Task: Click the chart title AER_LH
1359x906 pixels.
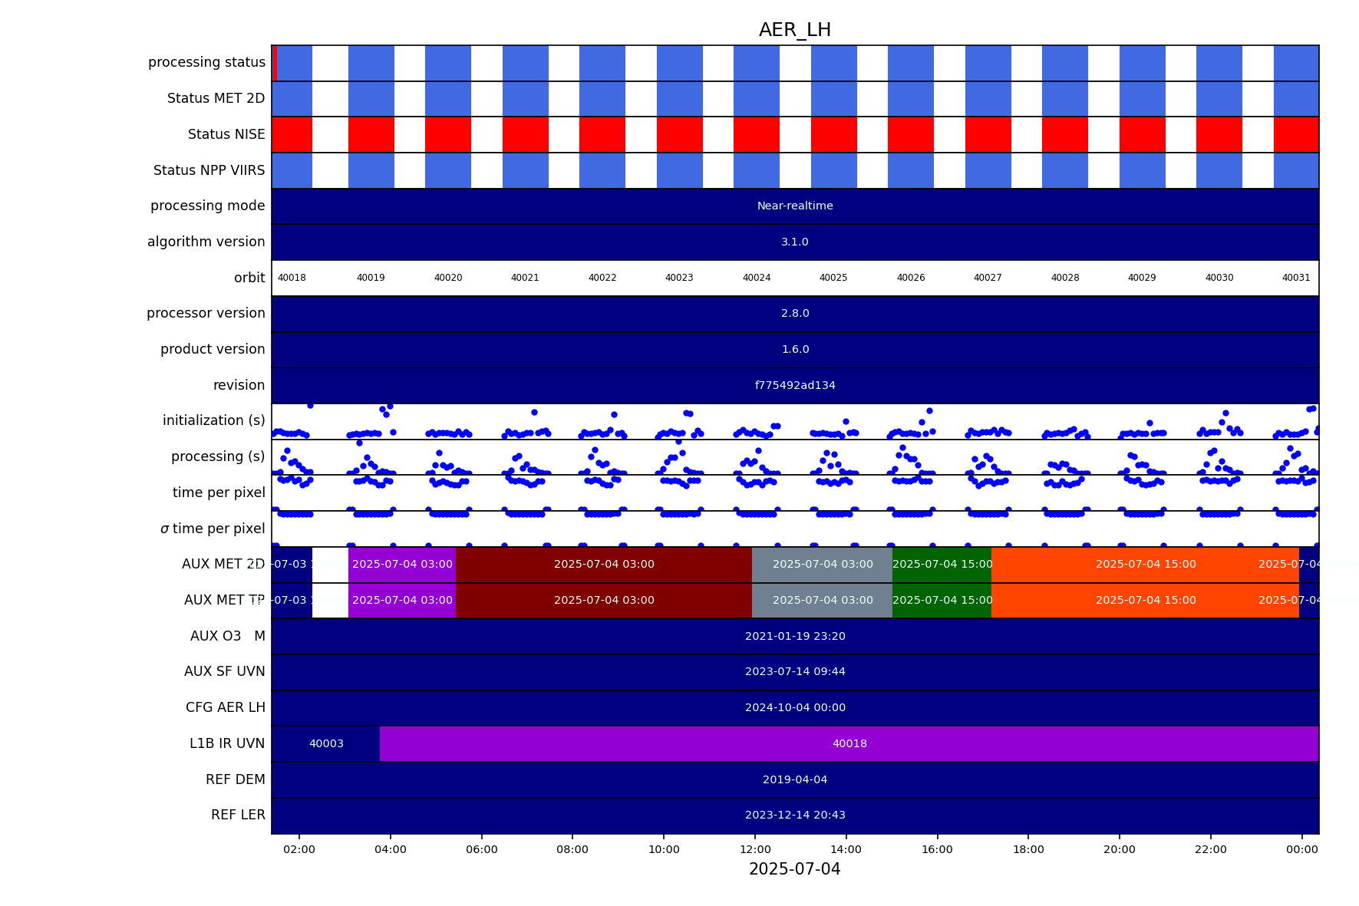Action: (794, 30)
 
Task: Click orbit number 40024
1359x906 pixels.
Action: (756, 278)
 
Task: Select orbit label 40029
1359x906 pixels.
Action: (1141, 278)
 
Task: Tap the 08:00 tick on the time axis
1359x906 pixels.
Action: (572, 849)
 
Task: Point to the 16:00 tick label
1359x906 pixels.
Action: (937, 849)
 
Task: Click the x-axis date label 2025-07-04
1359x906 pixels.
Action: (794, 869)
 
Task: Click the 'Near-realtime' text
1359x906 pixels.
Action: (794, 206)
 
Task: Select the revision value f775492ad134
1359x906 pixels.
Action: (794, 385)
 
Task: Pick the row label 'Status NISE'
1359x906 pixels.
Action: (226, 134)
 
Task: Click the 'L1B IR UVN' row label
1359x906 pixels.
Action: (227, 743)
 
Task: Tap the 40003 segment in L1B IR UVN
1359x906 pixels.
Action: (326, 743)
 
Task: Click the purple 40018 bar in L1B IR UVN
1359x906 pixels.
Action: (849, 743)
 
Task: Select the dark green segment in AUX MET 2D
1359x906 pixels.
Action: (942, 565)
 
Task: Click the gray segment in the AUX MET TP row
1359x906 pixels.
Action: (822, 600)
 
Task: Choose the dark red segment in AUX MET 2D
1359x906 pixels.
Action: (604, 565)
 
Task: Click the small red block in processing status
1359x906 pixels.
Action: (275, 63)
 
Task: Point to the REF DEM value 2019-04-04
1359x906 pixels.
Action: (794, 779)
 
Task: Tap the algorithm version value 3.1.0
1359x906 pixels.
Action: (794, 242)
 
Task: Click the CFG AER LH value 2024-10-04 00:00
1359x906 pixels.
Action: (794, 707)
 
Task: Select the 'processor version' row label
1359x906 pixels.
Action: (206, 313)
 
